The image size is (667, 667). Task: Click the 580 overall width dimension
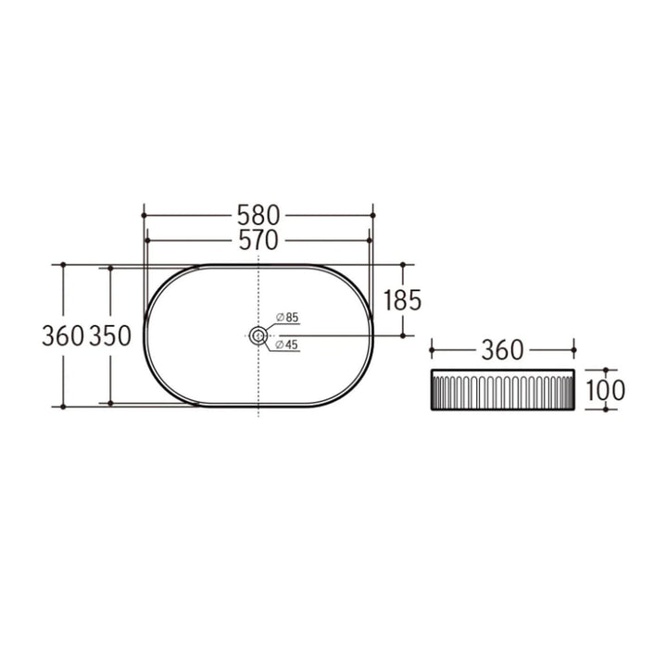[x=258, y=215]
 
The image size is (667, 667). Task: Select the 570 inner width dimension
[x=258, y=241]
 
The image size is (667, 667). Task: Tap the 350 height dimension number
[x=109, y=335]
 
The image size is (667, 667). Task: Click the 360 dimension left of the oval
[x=63, y=335]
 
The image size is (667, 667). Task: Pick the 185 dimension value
[x=403, y=300]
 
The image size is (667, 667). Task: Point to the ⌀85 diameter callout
[x=287, y=318]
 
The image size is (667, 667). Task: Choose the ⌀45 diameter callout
[x=287, y=345]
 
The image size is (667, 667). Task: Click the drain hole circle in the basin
[x=258, y=335]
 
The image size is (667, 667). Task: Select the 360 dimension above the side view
[x=504, y=350]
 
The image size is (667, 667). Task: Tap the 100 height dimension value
[x=605, y=390]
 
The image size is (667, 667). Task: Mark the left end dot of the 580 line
[x=144, y=215]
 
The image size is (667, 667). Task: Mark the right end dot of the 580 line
[x=371, y=215]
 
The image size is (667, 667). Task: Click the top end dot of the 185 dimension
[x=404, y=264]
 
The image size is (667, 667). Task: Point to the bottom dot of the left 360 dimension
[x=63, y=406]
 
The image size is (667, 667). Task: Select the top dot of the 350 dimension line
[x=110, y=268]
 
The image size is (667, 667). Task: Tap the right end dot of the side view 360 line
[x=575, y=350]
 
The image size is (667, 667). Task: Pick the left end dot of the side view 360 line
[x=433, y=350]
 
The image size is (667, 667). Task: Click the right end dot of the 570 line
[x=368, y=241]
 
